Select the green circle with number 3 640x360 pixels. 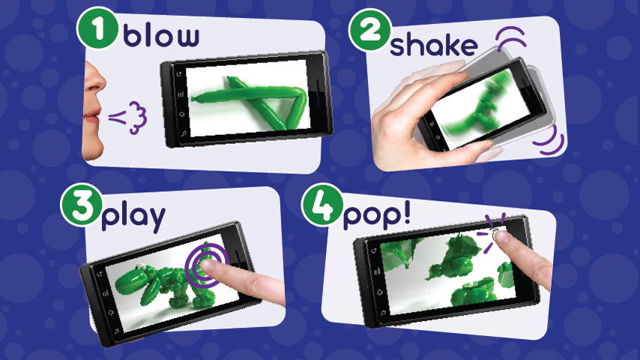click(79, 207)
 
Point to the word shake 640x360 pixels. click(434, 44)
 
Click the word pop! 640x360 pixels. click(376, 216)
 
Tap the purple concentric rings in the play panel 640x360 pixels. click(204, 263)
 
